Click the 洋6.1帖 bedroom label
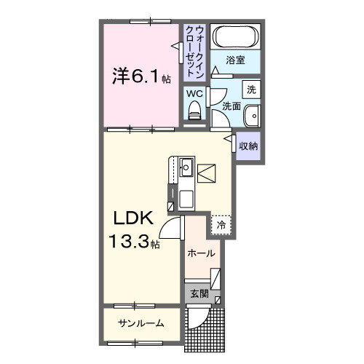[x=140, y=74]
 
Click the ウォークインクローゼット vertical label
[x=194, y=51]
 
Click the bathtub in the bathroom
[x=235, y=37]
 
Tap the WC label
[x=194, y=94]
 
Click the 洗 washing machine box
[x=250, y=90]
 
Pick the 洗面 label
[x=232, y=106]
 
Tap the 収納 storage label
[x=248, y=146]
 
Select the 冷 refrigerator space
[x=221, y=226]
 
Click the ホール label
[x=200, y=253]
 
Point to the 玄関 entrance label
[x=199, y=294]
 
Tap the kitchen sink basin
[x=186, y=167]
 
